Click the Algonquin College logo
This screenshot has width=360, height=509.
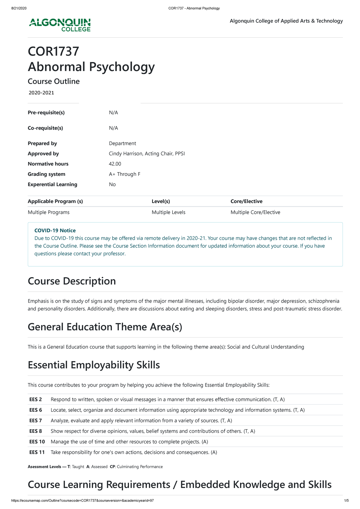tap(60, 25)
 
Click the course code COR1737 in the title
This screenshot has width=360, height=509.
tap(53, 51)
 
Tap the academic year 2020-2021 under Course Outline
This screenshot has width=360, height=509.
tap(41, 93)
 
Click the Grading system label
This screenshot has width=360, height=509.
tap(46, 174)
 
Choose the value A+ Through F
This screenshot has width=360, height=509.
tap(124, 174)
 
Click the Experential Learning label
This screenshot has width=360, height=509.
tap(52, 184)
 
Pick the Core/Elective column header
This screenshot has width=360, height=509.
tap(246, 201)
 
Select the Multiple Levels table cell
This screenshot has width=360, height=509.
tap(168, 212)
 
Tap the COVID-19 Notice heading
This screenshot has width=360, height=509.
tap(55, 230)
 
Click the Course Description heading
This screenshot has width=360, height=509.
tap(72, 281)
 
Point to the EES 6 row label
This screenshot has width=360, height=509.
tap(36, 410)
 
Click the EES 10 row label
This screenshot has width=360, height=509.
tap(37, 442)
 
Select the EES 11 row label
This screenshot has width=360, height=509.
tap(37, 452)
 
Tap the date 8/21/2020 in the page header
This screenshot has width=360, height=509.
tap(19, 8)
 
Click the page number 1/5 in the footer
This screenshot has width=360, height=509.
tap(346, 501)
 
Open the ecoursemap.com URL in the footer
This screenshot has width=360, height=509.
tap(82, 501)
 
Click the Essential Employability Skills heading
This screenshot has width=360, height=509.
tap(94, 365)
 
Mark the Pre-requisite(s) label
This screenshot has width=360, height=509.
tap(46, 112)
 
